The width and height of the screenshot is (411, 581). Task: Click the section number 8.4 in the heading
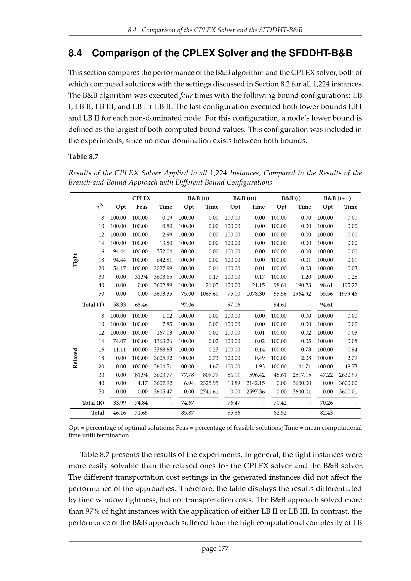coord(75,53)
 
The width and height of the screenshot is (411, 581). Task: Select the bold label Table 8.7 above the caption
coord(83,157)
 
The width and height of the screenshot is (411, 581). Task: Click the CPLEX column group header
coord(141,198)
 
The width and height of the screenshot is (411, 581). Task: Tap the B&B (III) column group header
coord(245,198)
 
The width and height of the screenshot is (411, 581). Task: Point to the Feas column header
coord(142,207)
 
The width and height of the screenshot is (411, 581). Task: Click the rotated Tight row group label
coord(75,260)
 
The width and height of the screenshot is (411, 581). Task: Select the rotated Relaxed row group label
coord(75,358)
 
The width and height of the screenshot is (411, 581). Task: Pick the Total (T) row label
coord(93,305)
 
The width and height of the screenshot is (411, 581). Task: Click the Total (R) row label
coord(93,403)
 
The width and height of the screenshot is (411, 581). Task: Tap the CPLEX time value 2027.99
coord(163,268)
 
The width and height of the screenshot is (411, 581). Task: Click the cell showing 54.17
coord(119,268)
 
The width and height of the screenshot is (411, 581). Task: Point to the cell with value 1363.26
coord(163,341)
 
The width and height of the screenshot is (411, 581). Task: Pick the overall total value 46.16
coord(119,413)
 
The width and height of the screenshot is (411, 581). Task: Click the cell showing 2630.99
coord(348,375)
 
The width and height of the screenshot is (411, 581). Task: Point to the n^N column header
coord(100,206)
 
